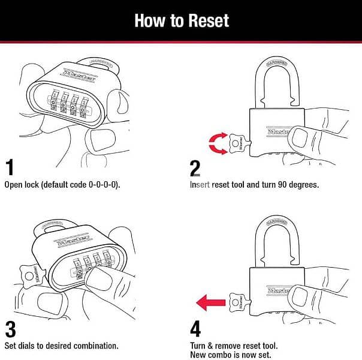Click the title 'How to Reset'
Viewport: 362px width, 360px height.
tap(181, 20)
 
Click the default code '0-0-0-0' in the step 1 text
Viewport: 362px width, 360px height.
tap(101, 184)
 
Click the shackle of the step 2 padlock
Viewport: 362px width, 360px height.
tap(277, 78)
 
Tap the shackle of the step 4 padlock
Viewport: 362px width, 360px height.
tap(276, 240)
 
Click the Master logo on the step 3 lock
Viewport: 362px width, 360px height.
tap(71, 241)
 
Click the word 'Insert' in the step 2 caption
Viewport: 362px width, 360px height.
tap(200, 184)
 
